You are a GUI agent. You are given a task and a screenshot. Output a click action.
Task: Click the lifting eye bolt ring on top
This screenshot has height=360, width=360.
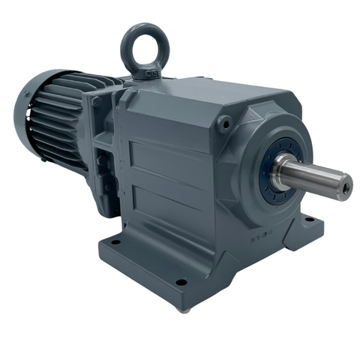(x=144, y=46)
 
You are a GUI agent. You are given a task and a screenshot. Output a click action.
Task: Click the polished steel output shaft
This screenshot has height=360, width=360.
(x=315, y=177)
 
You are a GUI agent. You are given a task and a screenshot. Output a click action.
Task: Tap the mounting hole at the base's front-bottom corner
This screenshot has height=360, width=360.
(x=181, y=283)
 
